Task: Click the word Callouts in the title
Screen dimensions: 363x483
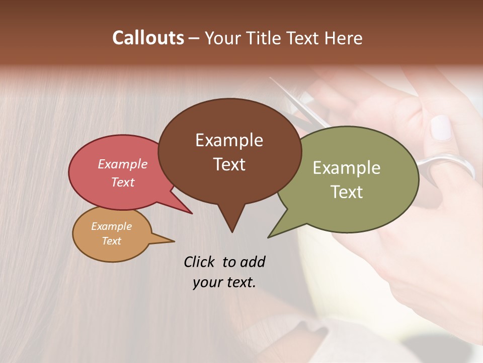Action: tap(148, 38)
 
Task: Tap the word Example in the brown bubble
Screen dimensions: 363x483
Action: tap(229, 140)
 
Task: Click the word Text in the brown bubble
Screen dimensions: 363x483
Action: tap(229, 164)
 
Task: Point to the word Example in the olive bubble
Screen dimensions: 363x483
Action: tap(346, 168)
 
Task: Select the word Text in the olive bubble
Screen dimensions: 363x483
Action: tap(346, 192)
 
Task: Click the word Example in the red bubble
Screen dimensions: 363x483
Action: tap(122, 164)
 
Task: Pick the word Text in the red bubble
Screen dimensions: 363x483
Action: tap(122, 182)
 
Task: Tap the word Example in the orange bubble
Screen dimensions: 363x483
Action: tap(111, 226)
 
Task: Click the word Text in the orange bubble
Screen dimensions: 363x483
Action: tap(111, 241)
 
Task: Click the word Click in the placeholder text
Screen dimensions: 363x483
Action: tap(200, 262)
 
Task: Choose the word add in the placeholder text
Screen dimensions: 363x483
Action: tap(253, 262)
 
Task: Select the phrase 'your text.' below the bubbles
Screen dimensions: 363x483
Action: tap(224, 282)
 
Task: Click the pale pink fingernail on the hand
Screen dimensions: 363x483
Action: tap(441, 128)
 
